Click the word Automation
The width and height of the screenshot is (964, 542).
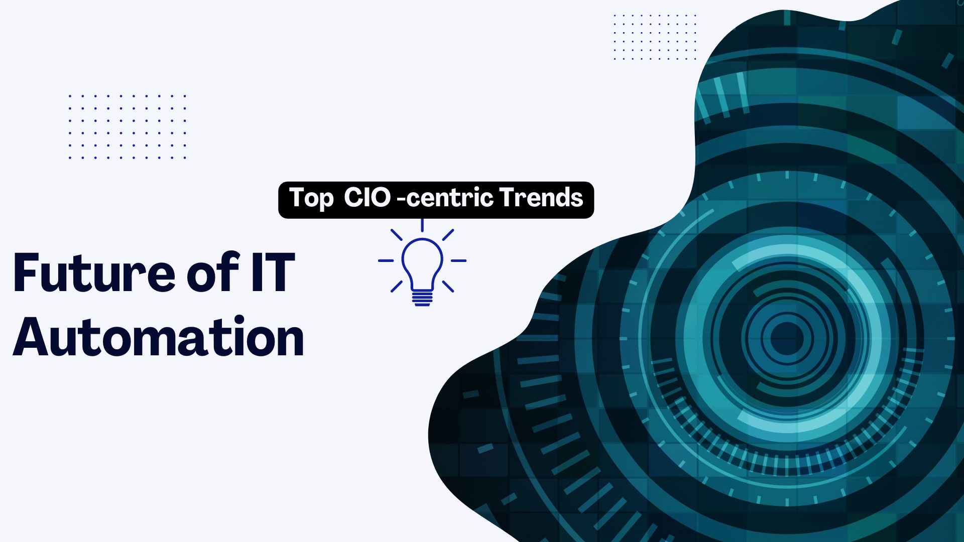tap(158, 338)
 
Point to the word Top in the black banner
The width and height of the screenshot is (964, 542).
tap(311, 199)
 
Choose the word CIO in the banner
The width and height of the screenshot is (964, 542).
tap(367, 197)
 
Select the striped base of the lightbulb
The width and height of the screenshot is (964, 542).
tap(422, 299)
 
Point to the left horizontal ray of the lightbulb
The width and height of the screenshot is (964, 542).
tap(386, 261)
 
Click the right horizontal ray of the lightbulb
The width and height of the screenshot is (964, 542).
tap(458, 261)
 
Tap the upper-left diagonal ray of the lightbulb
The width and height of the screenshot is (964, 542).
tap(397, 235)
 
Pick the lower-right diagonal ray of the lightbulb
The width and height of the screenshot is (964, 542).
tap(448, 287)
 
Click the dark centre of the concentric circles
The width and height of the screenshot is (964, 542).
tap(787, 338)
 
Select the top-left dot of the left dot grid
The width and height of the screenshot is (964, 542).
tap(70, 95)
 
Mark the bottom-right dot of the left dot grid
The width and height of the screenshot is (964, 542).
tap(185, 158)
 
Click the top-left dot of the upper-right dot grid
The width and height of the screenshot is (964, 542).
tap(615, 16)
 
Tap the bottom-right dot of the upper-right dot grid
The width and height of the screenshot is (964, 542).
tap(695, 59)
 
